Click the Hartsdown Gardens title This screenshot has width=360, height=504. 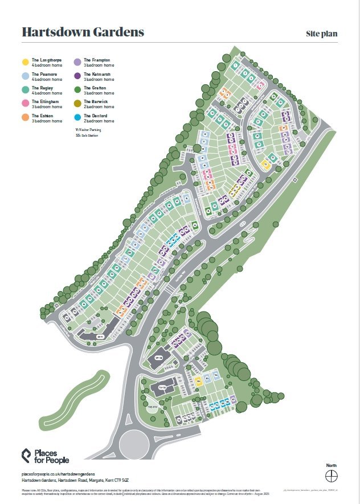[x=83, y=32]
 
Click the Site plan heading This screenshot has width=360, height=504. [x=322, y=34]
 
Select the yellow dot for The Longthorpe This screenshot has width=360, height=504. [x=25, y=62]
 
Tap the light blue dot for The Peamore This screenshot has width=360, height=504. [x=25, y=76]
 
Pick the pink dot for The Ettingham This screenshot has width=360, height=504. [x=25, y=104]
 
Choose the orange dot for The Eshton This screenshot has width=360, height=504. [x=25, y=118]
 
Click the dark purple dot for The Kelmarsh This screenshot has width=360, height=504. [x=77, y=76]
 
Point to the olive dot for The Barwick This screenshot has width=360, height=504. [x=77, y=104]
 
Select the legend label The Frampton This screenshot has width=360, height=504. [x=97, y=60]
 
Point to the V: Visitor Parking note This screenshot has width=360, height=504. [x=91, y=130]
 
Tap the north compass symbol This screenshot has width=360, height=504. [x=332, y=475]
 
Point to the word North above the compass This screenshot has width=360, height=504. [x=332, y=465]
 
